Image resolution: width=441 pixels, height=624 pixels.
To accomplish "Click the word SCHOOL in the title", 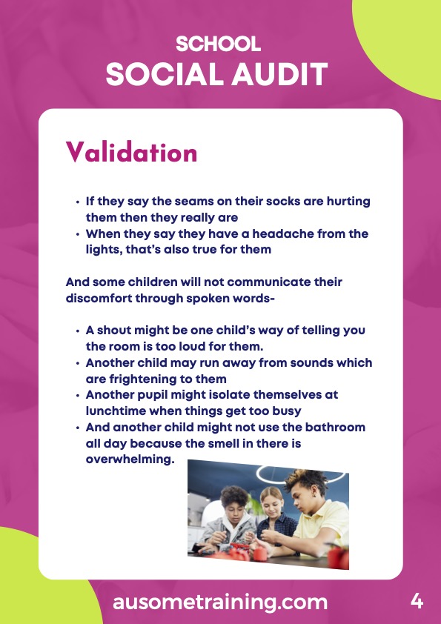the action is pyautogui.click(x=218, y=44).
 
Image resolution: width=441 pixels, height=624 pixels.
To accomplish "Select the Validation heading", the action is pyautogui.click(x=131, y=152).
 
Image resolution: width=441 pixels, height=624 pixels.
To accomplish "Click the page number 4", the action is pyautogui.click(x=417, y=601).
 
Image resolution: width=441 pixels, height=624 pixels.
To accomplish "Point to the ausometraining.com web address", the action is pyautogui.click(x=220, y=602).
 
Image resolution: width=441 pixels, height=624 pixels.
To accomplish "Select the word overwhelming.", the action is pyautogui.click(x=130, y=459).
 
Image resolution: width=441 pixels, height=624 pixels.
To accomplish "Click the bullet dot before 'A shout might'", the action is pyautogui.click(x=78, y=331).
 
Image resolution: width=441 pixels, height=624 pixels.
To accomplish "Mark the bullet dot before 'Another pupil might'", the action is pyautogui.click(x=78, y=396).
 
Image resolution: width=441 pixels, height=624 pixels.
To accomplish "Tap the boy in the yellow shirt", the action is pyautogui.click(x=314, y=514).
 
